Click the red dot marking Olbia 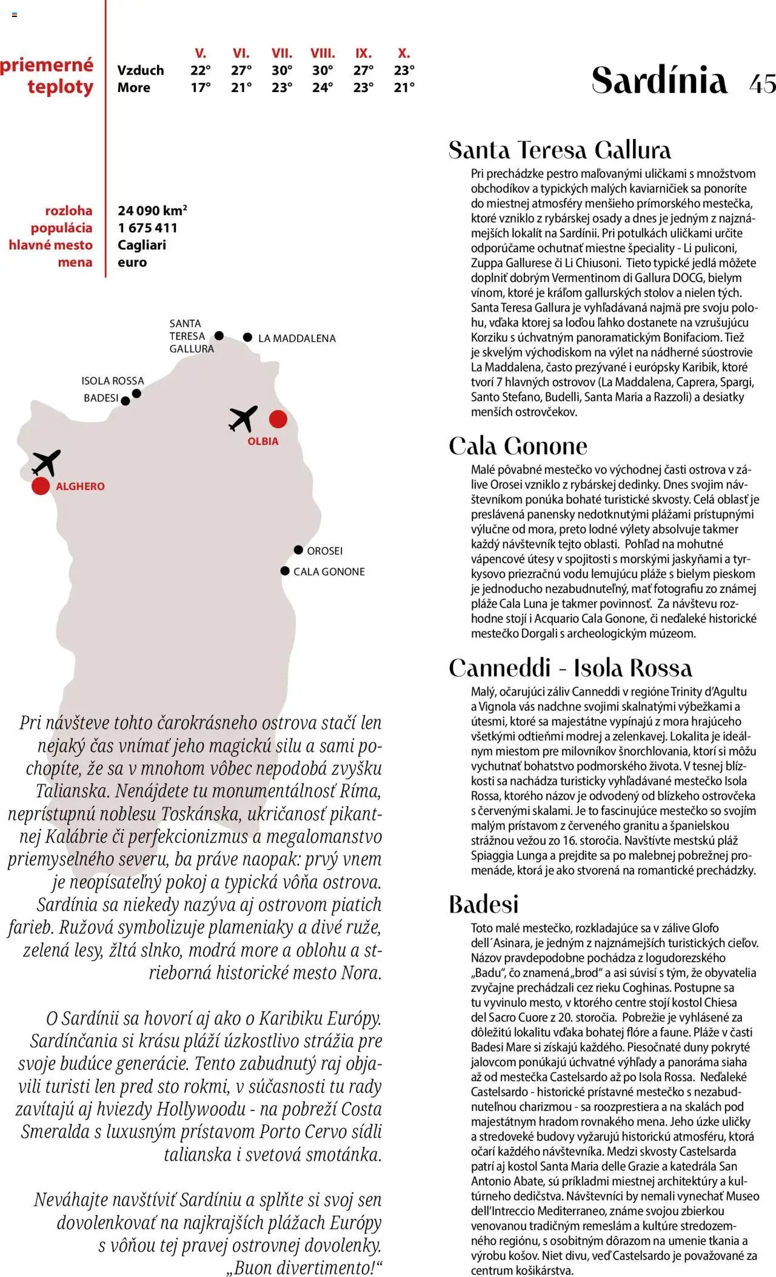pyautogui.click(x=278, y=418)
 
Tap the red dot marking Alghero pyautogui.click(x=41, y=486)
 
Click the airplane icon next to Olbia pyautogui.click(x=243, y=418)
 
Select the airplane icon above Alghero pyautogui.click(x=46, y=463)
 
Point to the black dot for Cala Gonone pyautogui.click(x=285, y=571)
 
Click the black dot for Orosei pyautogui.click(x=298, y=550)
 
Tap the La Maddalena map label pyautogui.click(x=296, y=338)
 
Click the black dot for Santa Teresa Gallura pyautogui.click(x=219, y=335)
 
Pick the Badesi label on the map pyautogui.click(x=101, y=398)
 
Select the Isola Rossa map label pyautogui.click(x=113, y=381)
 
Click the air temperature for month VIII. pyautogui.click(x=323, y=70)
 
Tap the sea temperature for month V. pyautogui.click(x=201, y=87)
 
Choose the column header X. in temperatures pyautogui.click(x=404, y=53)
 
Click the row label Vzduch pyautogui.click(x=141, y=70)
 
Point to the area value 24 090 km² pyautogui.click(x=152, y=210)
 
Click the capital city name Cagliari pyautogui.click(x=142, y=245)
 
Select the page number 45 pyautogui.click(x=762, y=82)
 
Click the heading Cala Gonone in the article pyautogui.click(x=518, y=446)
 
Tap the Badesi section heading pyautogui.click(x=484, y=904)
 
